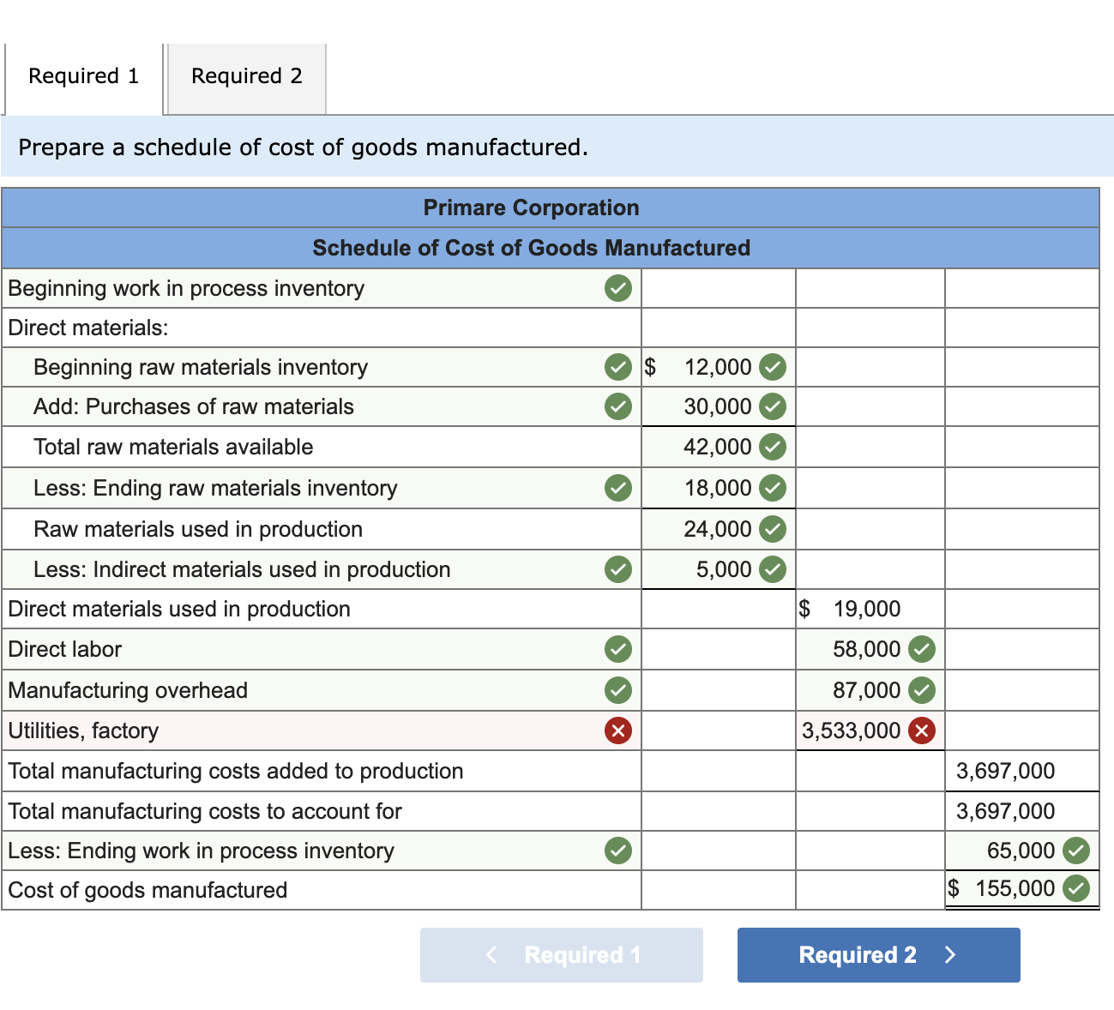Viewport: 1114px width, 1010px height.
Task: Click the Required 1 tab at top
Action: [x=83, y=76]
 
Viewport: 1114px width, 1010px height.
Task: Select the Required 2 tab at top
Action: [x=246, y=76]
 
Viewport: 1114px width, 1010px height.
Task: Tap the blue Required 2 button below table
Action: [x=878, y=955]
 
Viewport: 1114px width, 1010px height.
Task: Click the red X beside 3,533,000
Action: [x=922, y=730]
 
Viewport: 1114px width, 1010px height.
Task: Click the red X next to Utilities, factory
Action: [x=617, y=730]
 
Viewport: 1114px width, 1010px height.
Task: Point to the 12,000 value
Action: [x=718, y=367]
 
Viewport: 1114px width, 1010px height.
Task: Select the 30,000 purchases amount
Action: [x=718, y=406]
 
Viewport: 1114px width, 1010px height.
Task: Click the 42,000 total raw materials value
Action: [x=718, y=447]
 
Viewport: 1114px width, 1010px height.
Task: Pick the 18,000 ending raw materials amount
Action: [x=718, y=488]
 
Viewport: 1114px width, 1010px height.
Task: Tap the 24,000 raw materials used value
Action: [x=718, y=529]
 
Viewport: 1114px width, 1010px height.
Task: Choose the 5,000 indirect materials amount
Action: [x=724, y=569]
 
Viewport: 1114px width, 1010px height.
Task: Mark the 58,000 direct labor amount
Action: [x=866, y=649]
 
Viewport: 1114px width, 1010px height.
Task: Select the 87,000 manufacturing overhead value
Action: [x=866, y=690]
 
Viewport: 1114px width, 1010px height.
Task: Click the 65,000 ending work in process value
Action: [x=1021, y=851]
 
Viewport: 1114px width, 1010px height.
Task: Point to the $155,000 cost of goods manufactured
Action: [x=1015, y=888]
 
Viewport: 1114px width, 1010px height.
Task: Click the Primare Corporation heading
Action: [x=531, y=207]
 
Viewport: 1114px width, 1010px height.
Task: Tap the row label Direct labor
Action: [x=65, y=649]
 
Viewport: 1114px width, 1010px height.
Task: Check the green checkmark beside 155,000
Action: [x=1076, y=888]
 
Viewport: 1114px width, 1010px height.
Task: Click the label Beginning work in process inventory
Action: [x=186, y=288]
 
